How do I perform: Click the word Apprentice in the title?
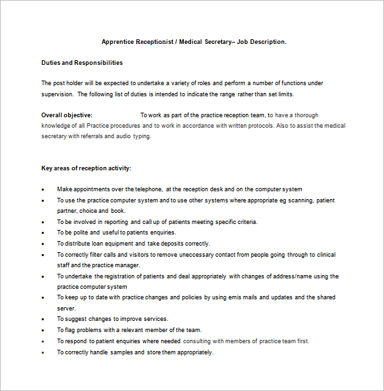[117, 42]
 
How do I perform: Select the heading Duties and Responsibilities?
[82, 63]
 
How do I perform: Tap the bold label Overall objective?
[67, 115]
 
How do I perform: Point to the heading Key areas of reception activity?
[86, 168]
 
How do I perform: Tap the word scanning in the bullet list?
[301, 200]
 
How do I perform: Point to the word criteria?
[245, 221]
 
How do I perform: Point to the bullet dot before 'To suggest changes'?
[43, 320]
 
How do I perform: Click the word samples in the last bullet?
[120, 352]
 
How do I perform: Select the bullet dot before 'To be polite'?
[43, 233]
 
